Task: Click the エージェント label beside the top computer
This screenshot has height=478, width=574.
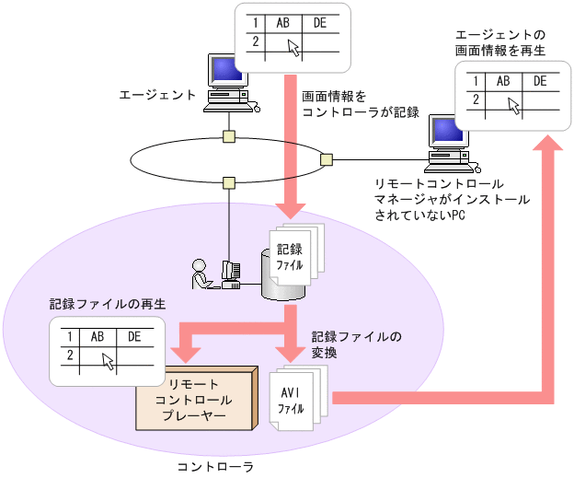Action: (x=157, y=94)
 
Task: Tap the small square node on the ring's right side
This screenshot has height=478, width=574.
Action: (x=326, y=160)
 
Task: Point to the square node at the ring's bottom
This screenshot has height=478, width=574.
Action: (x=228, y=181)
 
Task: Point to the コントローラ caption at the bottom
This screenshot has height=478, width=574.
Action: (x=214, y=466)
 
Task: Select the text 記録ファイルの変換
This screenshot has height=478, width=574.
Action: (x=356, y=344)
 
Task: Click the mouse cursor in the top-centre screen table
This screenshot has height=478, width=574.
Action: (x=293, y=48)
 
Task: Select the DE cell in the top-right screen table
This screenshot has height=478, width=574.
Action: (x=540, y=82)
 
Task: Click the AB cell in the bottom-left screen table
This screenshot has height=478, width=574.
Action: (x=97, y=337)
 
